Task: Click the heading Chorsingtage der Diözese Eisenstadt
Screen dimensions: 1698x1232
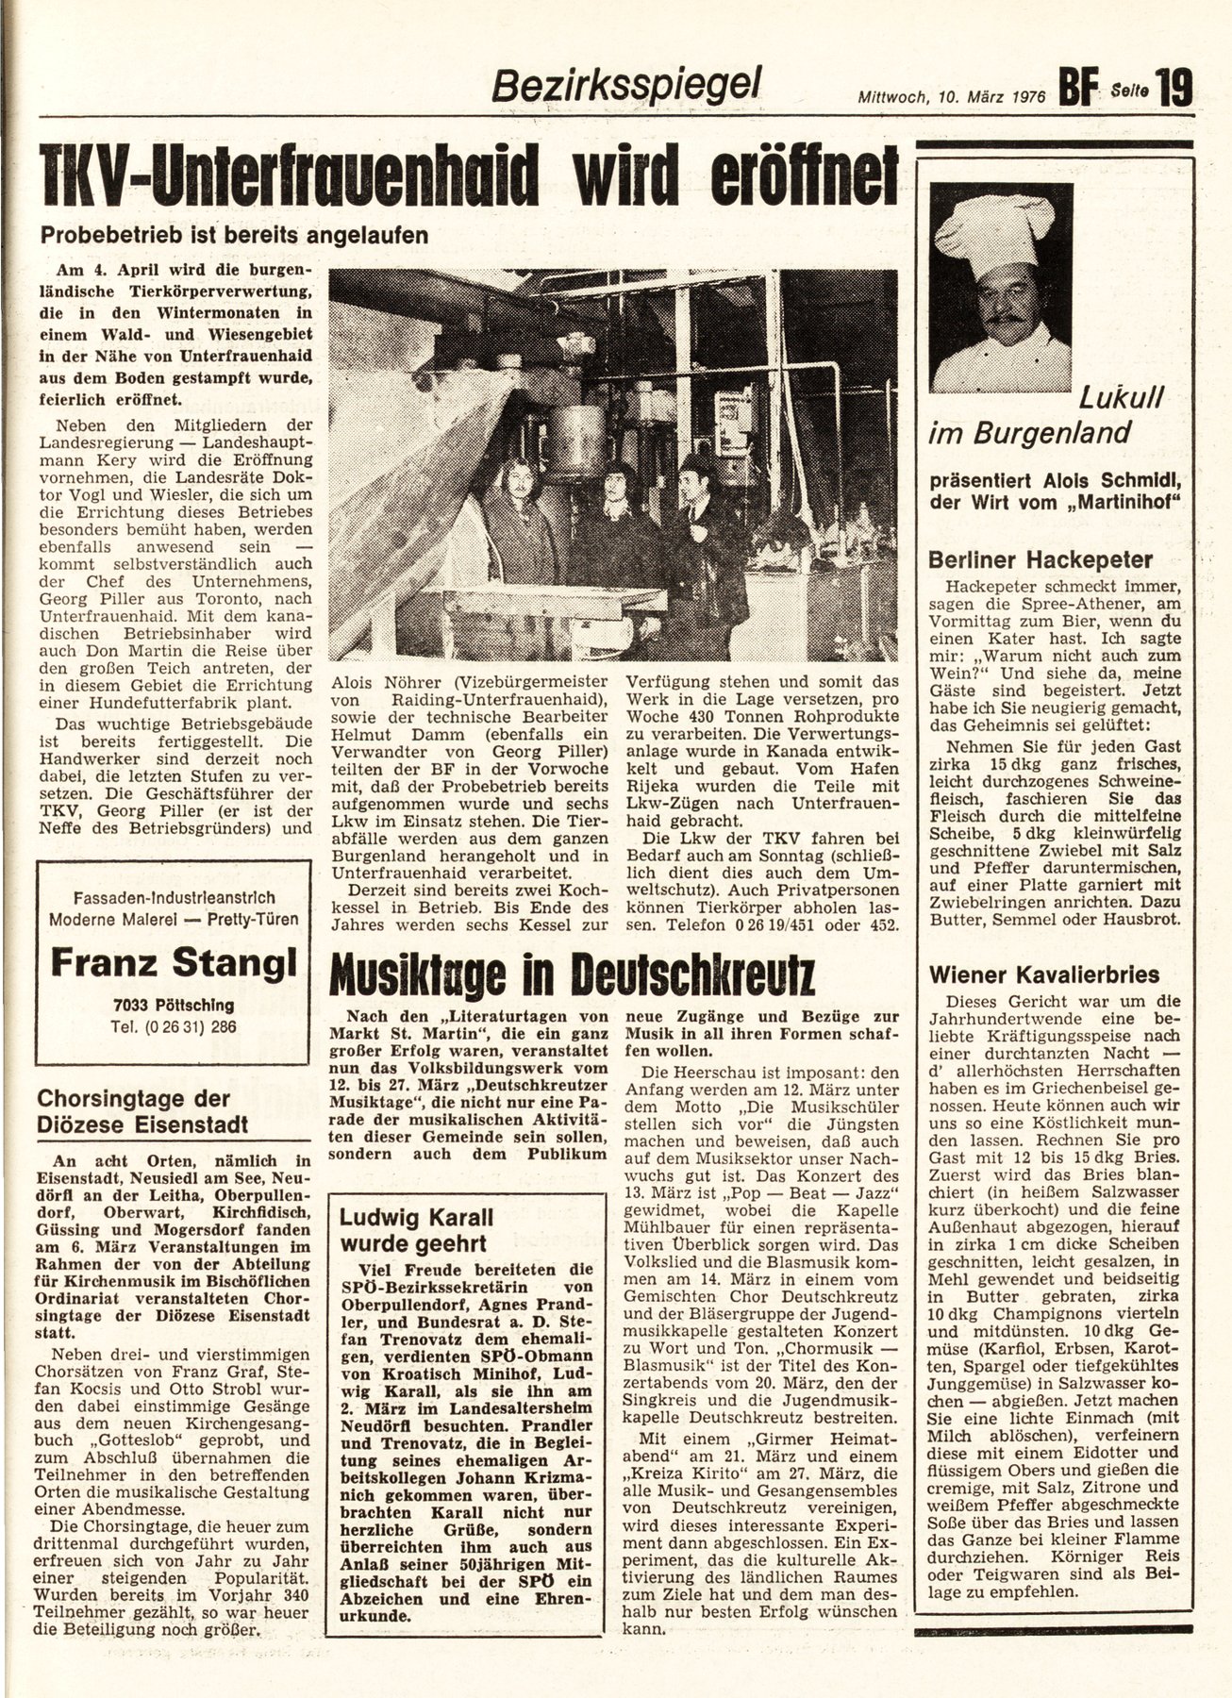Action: pos(142,1111)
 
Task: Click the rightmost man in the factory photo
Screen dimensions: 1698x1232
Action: pos(709,547)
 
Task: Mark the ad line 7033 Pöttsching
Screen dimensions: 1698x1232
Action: pos(172,1006)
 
